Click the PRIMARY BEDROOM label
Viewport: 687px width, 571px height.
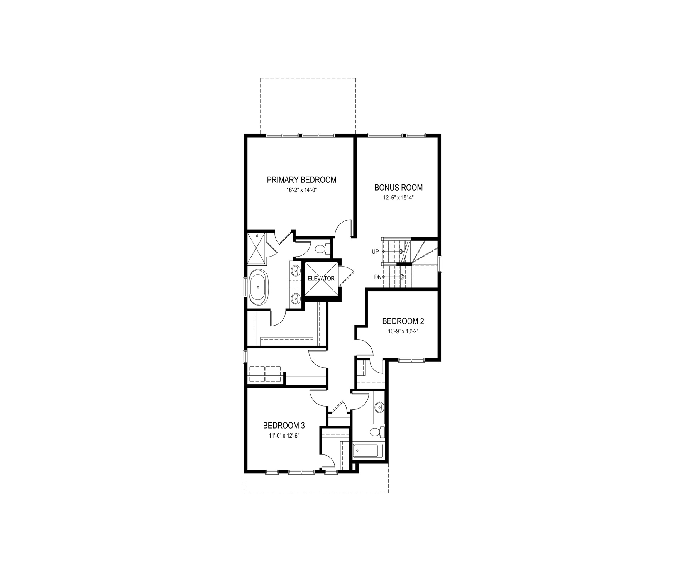click(301, 180)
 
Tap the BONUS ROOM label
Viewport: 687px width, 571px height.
click(398, 188)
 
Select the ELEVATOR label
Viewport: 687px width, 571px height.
click(321, 279)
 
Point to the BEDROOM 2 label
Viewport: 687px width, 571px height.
click(403, 321)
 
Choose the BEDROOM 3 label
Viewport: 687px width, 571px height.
click(284, 426)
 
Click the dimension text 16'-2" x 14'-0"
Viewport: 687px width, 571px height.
click(301, 190)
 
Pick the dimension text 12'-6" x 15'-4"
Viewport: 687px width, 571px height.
click(398, 198)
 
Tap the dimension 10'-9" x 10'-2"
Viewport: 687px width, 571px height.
click(403, 331)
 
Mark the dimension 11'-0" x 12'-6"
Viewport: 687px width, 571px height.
click(284, 436)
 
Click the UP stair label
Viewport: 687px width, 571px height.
click(375, 252)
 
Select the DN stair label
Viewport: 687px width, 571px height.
click(377, 277)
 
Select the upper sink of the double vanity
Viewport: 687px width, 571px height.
click(295, 270)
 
